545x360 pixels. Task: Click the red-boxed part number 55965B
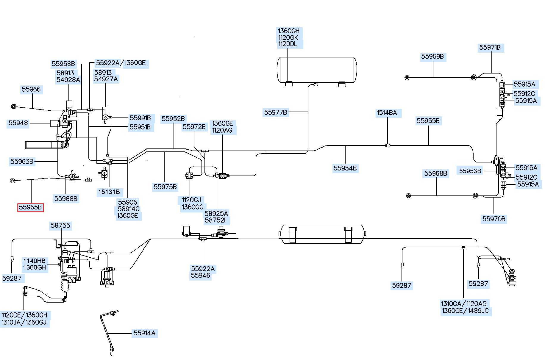[30, 207]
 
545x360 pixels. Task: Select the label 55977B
[276, 112]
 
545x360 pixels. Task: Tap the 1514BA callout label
[387, 113]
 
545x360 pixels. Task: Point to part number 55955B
[428, 121]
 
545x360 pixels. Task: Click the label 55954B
[345, 168]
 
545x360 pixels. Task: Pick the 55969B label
[432, 57]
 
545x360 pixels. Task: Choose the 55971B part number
[490, 48]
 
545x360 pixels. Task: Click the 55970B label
[494, 219]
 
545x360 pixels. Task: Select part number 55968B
[436, 173]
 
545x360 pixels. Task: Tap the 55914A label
[144, 333]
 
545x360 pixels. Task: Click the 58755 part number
[60, 226]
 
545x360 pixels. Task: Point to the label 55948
[18, 123]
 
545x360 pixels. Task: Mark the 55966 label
[31, 89]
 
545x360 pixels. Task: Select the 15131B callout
[109, 192]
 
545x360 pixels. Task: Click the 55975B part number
[165, 187]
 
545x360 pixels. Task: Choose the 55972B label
[194, 127]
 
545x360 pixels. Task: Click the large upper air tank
[317, 70]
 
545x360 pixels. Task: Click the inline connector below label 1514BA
[388, 145]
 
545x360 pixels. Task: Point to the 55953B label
[470, 171]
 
